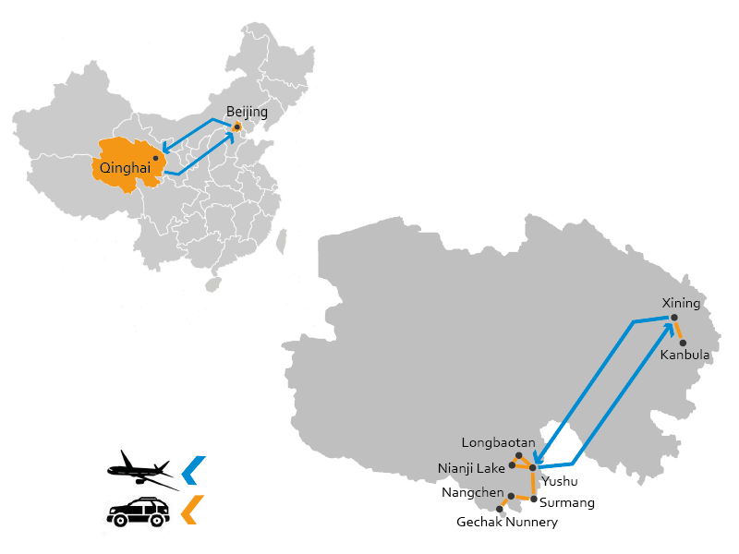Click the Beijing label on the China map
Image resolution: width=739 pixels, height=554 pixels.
pyautogui.click(x=247, y=112)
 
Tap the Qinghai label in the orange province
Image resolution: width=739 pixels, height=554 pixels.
pyautogui.click(x=125, y=168)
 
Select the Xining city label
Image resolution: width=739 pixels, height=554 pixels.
pyautogui.click(x=681, y=303)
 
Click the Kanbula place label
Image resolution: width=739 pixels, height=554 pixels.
pyautogui.click(x=684, y=355)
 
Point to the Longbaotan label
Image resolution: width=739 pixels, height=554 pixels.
pyautogui.click(x=498, y=443)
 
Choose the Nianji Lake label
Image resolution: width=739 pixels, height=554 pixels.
pyautogui.click(x=471, y=468)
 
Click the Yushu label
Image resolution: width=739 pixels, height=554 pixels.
pyautogui.click(x=560, y=481)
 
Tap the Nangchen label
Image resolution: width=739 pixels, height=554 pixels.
pyautogui.click(x=473, y=493)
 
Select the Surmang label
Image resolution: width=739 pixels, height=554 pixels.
pyautogui.click(x=567, y=502)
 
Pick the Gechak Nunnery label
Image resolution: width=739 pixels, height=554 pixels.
pyautogui.click(x=507, y=522)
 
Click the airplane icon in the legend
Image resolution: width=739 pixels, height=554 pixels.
pyautogui.click(x=143, y=471)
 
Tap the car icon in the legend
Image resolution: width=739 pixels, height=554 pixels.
pyautogui.click(x=138, y=512)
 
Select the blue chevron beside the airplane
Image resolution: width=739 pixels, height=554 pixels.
pyautogui.click(x=193, y=470)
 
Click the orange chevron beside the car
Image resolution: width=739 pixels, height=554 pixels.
pyautogui.click(x=192, y=510)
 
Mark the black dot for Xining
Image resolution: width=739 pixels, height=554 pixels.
pyautogui.click(x=674, y=318)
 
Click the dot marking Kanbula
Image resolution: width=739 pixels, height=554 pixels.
pyautogui.click(x=683, y=343)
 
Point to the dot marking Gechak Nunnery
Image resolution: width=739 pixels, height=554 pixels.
pyautogui.click(x=500, y=510)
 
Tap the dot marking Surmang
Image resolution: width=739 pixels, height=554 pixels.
pyautogui.click(x=534, y=499)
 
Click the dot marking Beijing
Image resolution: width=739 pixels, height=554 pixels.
pyautogui.click(x=237, y=127)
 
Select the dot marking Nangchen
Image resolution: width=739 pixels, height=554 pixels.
pyautogui.click(x=511, y=496)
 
